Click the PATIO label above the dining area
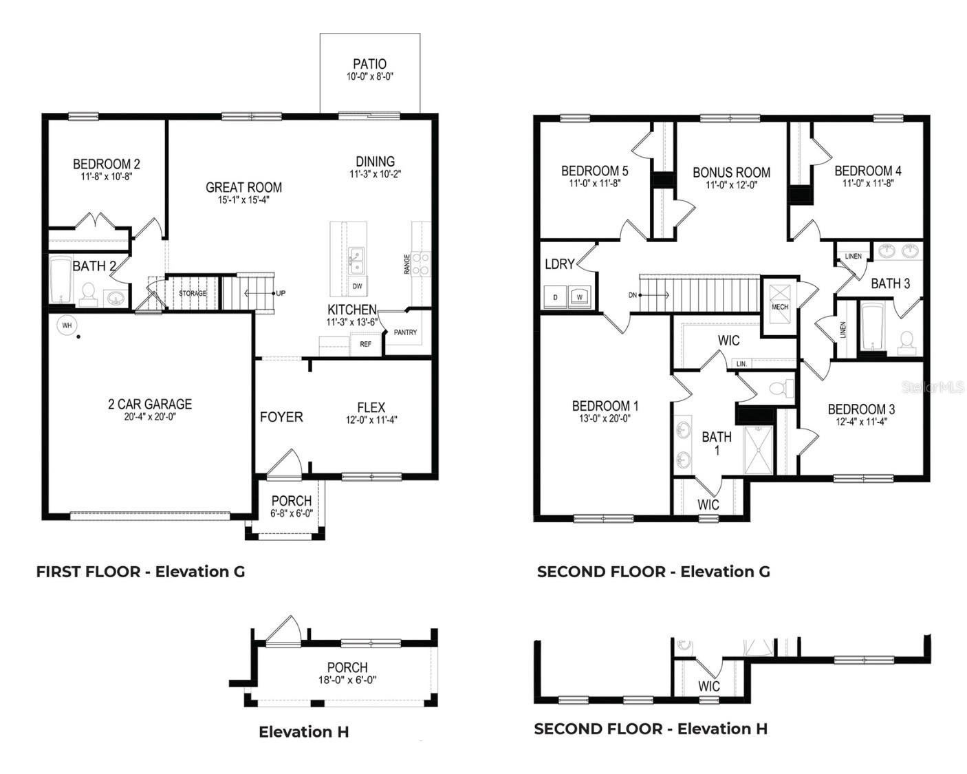369,64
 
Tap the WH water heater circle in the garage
67,325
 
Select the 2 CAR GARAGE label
149,404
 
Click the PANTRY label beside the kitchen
405,332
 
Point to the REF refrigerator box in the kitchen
365,344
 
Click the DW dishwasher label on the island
357,286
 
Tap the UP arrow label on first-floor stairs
281,293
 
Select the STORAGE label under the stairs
193,294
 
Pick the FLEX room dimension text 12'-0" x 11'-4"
371,420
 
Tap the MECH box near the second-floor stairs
779,307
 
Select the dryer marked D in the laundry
554,297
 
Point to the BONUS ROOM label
730,172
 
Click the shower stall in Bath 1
759,450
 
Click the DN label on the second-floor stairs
633,294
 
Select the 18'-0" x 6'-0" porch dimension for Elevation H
347,680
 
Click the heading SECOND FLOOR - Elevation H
651,729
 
